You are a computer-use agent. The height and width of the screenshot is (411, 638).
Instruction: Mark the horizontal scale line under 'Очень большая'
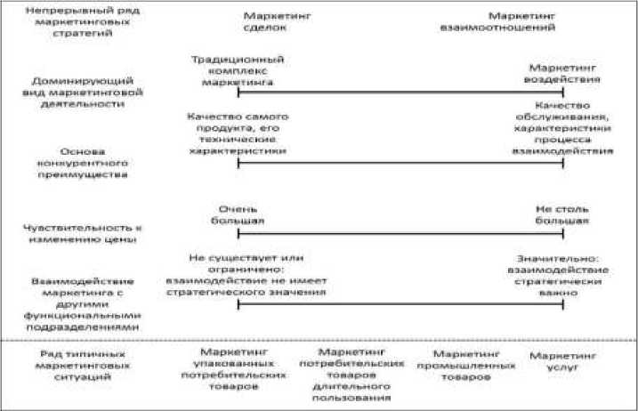(x=400, y=233)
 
